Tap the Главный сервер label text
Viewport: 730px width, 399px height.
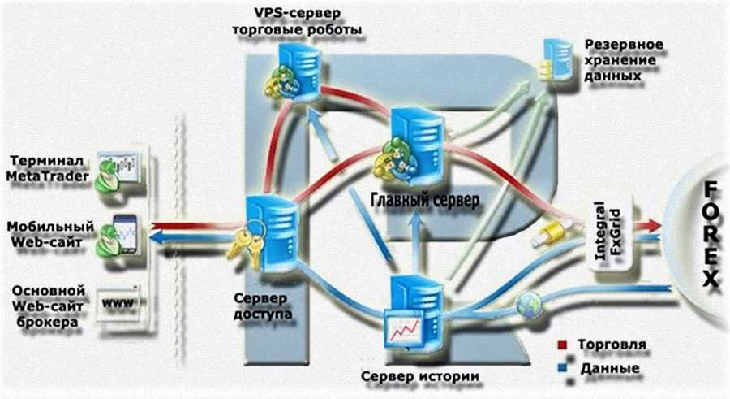point(425,198)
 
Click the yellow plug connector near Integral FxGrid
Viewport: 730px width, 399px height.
point(545,235)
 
